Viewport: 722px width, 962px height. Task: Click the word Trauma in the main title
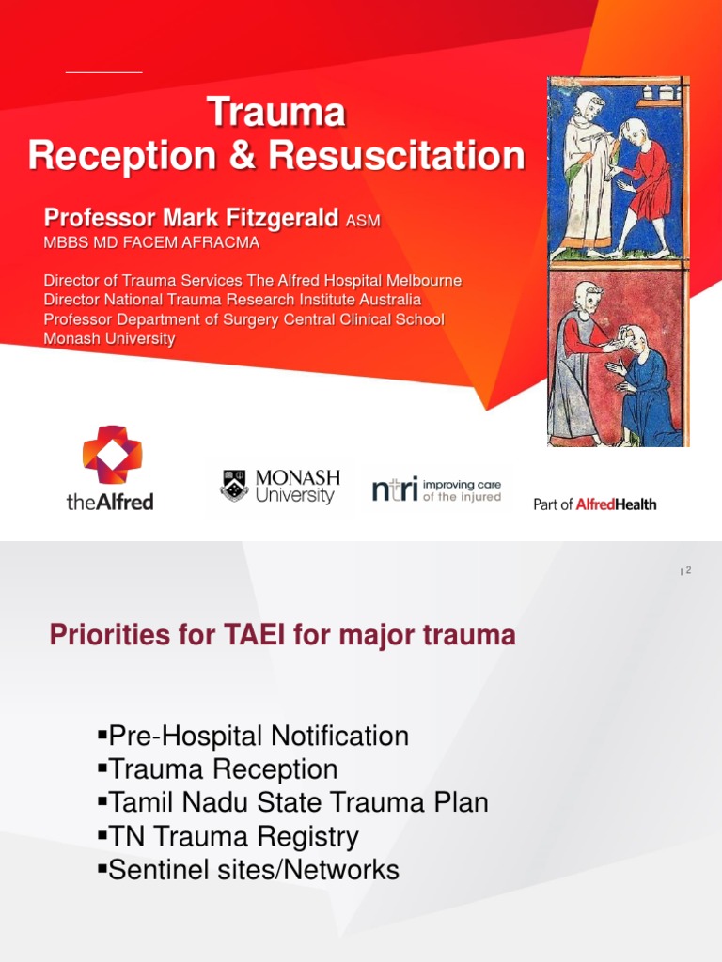pyautogui.click(x=275, y=113)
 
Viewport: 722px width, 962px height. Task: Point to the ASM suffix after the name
pyautogui.click(x=364, y=222)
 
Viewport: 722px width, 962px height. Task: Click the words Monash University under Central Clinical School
pyautogui.click(x=109, y=339)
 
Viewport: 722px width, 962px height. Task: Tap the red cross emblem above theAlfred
pyautogui.click(x=111, y=454)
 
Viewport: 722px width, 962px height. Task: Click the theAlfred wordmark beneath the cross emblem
pyautogui.click(x=110, y=502)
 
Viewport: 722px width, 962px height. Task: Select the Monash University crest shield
pyautogui.click(x=234, y=487)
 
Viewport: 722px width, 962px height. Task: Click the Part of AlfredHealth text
pyautogui.click(x=594, y=504)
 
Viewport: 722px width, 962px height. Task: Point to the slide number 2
pyautogui.click(x=688, y=570)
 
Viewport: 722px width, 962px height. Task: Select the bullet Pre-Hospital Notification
pyautogui.click(x=253, y=736)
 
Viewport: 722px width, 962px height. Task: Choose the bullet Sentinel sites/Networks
pyautogui.click(x=248, y=870)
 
